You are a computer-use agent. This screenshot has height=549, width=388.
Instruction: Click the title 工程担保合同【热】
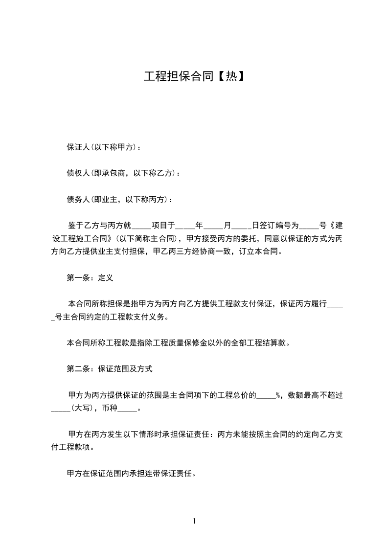194,76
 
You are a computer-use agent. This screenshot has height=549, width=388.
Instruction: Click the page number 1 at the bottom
194,521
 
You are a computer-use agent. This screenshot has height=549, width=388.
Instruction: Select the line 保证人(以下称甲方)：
105,147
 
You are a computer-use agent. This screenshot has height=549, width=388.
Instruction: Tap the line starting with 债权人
123,173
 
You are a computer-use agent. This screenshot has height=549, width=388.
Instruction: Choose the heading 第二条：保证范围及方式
110,369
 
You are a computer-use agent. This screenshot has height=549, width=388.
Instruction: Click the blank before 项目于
142,226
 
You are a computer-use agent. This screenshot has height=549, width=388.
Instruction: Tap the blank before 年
185,226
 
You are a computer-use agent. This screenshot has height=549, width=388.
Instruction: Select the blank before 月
213,226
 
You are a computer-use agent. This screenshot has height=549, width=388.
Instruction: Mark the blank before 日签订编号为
242,226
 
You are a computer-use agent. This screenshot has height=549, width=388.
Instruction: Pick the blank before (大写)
61,409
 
